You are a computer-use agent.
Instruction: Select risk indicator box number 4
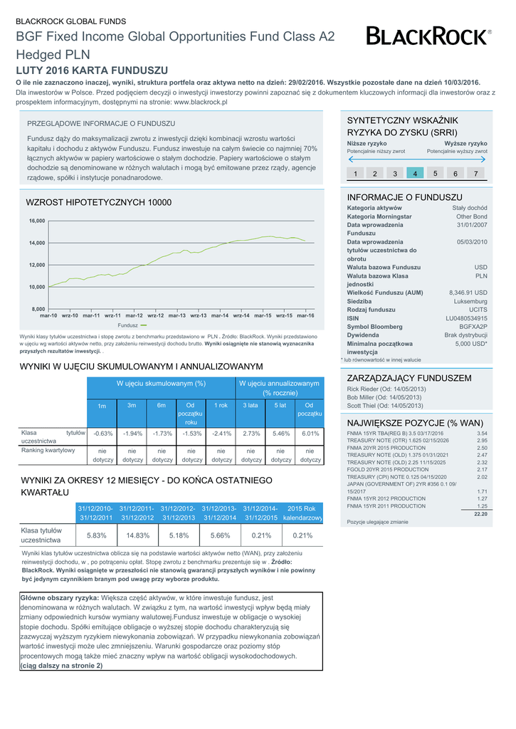coord(415,174)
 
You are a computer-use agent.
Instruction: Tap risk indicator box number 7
coord(475,174)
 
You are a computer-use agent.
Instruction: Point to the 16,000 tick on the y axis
coord(37,221)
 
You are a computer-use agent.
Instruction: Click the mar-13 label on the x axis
coord(177,315)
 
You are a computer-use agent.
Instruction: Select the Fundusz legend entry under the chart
coord(132,325)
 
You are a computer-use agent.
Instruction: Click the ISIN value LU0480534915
coord(466,318)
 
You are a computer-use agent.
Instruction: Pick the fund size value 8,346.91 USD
coord(468,293)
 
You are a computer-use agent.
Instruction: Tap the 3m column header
coord(132,405)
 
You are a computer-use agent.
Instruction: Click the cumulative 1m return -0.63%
coord(103,434)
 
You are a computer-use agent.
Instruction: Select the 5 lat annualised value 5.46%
coord(281,434)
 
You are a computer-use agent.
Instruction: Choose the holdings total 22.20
coord(480,514)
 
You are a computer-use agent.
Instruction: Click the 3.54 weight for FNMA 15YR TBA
coord(482,434)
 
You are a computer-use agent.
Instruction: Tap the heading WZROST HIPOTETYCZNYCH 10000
coord(98,203)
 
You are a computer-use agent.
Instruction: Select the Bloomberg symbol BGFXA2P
coord(473,327)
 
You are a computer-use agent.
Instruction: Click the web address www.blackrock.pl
coord(200,103)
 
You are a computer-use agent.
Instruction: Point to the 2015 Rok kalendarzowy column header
coord(302,513)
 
